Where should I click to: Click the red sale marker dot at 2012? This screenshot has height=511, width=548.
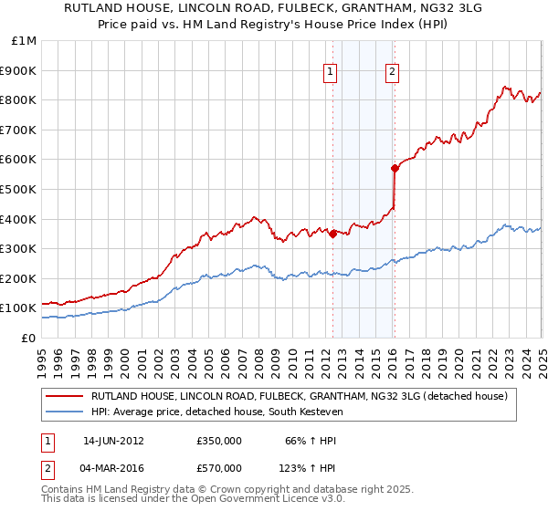(332, 234)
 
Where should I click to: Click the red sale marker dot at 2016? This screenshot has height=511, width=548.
(395, 168)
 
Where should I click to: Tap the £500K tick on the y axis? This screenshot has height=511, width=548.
(20, 189)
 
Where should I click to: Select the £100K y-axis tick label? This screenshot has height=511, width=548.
(20, 308)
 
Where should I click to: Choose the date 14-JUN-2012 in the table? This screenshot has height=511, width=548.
(113, 441)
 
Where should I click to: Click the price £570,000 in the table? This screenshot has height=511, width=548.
(219, 468)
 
